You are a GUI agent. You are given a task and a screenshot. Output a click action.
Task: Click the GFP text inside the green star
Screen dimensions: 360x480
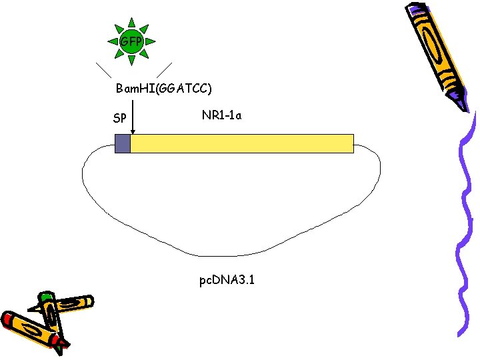click(x=131, y=42)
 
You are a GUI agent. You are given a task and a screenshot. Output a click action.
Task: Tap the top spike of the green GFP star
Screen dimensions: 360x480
click(x=132, y=22)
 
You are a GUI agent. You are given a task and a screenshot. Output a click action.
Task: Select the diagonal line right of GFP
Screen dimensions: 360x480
click(x=163, y=71)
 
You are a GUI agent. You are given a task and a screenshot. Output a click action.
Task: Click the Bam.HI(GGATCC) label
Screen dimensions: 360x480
click(x=164, y=89)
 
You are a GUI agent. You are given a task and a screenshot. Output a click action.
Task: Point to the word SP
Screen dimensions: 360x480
click(x=120, y=119)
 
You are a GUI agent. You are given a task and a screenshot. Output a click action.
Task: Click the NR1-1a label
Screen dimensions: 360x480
click(x=221, y=115)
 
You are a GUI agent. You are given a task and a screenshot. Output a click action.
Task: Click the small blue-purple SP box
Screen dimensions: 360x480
click(x=122, y=143)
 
